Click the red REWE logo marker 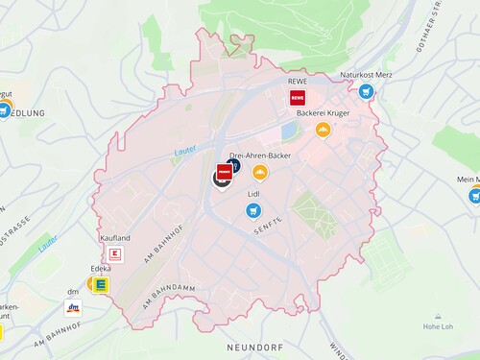(x=296, y=98)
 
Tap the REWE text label (x=296, y=82)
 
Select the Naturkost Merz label (x=366, y=75)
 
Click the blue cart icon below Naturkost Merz (x=366, y=92)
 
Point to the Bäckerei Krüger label (x=323, y=113)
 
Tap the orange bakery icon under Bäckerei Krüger (x=323, y=130)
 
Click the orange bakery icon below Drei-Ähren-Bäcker (x=258, y=172)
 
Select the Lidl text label (x=254, y=194)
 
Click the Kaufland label (x=114, y=237)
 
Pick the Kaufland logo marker (x=115, y=254)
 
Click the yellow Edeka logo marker (x=98, y=284)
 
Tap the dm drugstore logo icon (x=72, y=309)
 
